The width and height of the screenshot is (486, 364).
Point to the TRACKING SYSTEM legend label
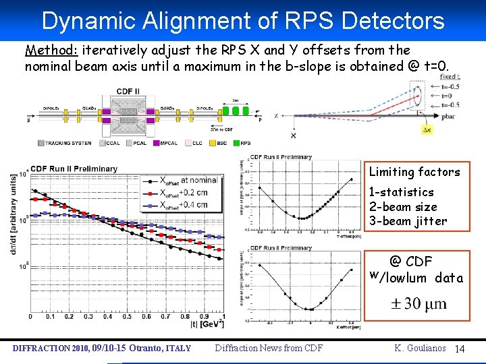pos(67,143)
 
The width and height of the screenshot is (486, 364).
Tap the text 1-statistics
pos(402,192)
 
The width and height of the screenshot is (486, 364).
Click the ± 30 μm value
pos(418,303)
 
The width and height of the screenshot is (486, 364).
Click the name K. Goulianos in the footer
pos(421,348)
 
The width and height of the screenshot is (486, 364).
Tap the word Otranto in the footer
pos(138,348)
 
